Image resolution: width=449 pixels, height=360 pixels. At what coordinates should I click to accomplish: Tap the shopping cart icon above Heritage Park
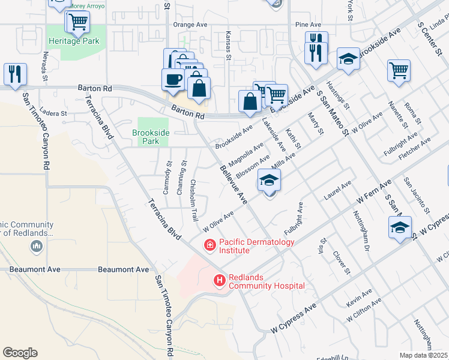tap(77, 22)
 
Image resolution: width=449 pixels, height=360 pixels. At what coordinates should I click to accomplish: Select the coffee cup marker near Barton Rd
tap(173, 80)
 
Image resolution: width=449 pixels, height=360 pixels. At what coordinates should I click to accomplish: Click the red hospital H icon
tap(220, 280)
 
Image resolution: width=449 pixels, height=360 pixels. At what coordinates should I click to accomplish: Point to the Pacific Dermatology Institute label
tap(256, 246)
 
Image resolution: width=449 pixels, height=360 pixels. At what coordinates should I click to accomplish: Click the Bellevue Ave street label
tap(234, 185)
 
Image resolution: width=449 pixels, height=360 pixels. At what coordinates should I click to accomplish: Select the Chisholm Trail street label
tap(194, 200)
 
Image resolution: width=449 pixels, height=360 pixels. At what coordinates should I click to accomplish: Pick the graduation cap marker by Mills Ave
tap(270, 180)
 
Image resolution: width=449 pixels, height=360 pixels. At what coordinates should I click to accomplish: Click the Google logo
tap(20, 352)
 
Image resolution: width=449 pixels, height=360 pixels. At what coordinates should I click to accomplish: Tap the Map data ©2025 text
tap(423, 355)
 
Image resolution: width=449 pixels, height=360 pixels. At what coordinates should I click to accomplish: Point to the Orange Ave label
tap(189, 25)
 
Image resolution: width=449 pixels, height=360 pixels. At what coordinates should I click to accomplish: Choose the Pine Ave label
tap(308, 25)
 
